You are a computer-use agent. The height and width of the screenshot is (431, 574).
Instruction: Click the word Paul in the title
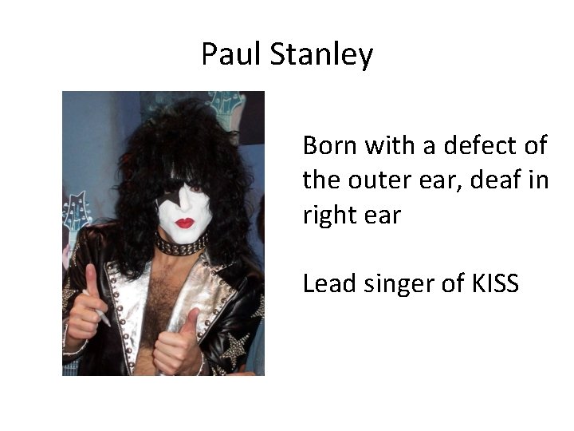232,54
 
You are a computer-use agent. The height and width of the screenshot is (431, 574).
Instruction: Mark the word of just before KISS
458,283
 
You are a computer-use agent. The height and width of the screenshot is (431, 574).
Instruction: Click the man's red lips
185,223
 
